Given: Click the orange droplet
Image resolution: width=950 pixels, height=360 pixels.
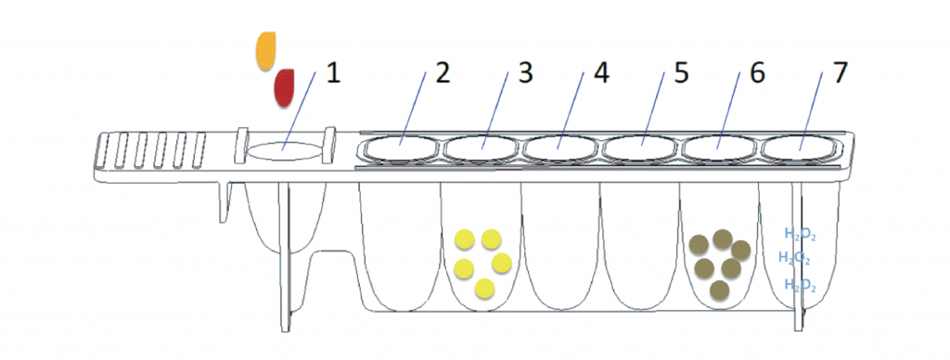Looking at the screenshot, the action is (265, 52).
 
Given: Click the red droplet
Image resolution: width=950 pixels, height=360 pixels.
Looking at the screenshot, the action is (284, 88).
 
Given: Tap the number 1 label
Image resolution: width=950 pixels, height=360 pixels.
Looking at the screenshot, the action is (333, 74).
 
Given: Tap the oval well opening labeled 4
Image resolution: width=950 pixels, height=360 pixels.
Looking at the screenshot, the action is (559, 148).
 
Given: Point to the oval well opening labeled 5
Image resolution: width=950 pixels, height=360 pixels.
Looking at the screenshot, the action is (640, 148).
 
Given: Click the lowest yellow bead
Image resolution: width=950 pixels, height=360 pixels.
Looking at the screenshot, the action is (484, 289).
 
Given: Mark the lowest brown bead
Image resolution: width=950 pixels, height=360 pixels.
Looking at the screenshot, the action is (719, 290).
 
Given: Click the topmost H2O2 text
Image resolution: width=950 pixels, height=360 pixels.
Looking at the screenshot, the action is (800, 234).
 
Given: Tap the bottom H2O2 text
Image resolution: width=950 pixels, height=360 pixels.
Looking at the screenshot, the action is (800, 285).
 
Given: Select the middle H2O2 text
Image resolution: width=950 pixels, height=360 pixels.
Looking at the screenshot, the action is (794, 258).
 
